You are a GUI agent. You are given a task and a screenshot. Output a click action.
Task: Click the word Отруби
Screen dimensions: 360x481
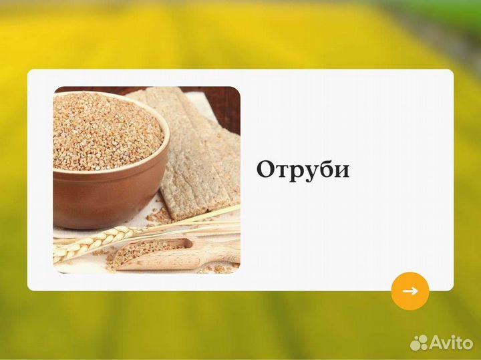click(x=303, y=170)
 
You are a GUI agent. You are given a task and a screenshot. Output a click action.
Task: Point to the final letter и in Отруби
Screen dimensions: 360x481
click(x=341, y=171)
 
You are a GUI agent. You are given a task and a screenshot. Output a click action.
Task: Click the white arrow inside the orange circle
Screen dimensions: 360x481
click(x=410, y=291)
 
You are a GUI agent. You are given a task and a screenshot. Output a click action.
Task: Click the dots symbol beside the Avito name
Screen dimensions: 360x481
click(x=419, y=343)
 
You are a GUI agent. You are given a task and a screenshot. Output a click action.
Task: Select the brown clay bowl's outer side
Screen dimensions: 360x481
click(x=100, y=197)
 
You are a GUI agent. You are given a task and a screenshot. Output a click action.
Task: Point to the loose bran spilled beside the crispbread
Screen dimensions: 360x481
click(x=160, y=215)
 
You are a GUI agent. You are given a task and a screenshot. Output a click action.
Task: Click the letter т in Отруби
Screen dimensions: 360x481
click(x=283, y=172)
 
